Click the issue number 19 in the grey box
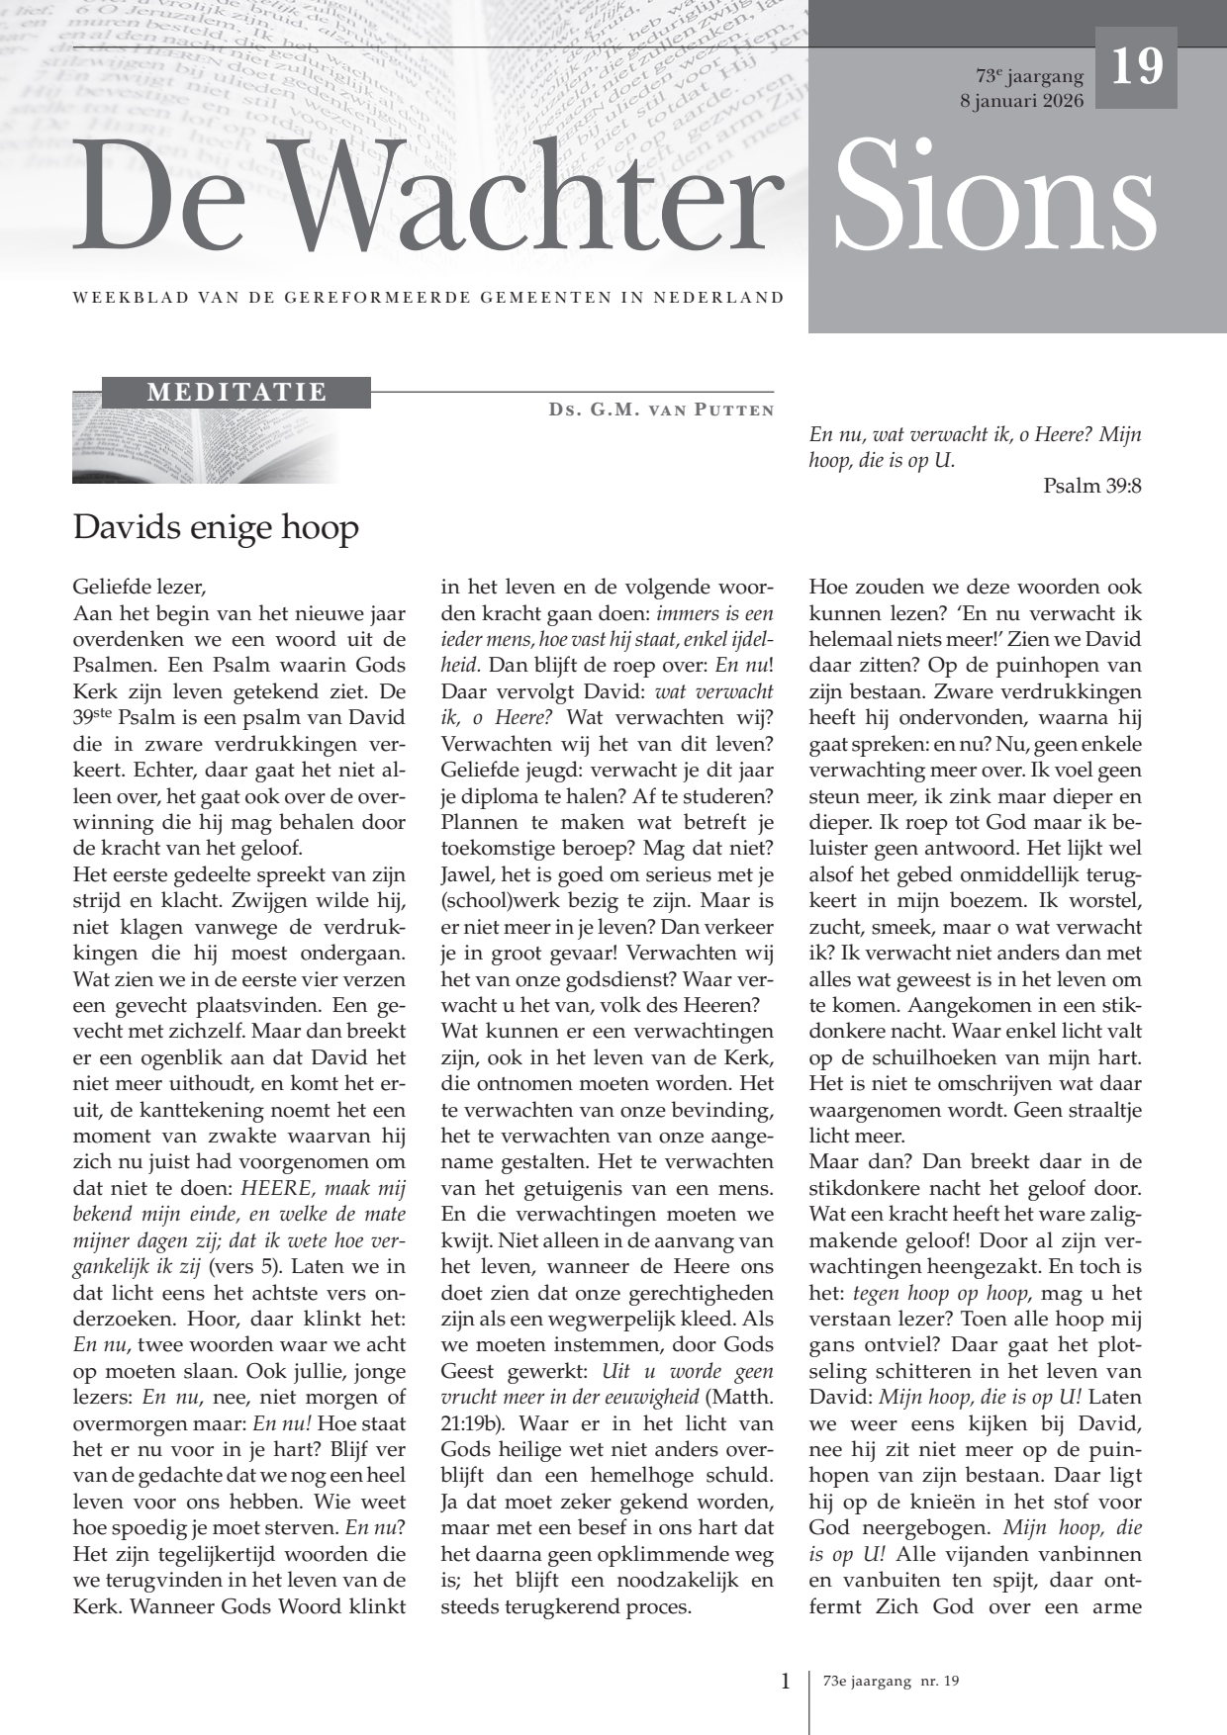pyautogui.click(x=1136, y=67)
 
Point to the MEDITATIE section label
pyautogui.click(x=236, y=393)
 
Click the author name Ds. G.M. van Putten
pyautogui.click(x=661, y=410)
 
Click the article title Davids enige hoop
pyautogui.click(x=216, y=527)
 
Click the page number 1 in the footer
pyautogui.click(x=786, y=1681)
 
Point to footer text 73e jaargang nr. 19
pyautogui.click(x=891, y=1681)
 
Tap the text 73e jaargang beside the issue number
pyautogui.click(x=1029, y=76)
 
